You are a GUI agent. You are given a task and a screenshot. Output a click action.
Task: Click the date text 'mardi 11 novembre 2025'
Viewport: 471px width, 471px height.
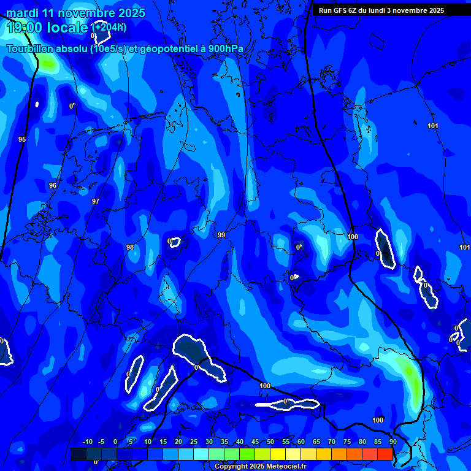coord(75,13)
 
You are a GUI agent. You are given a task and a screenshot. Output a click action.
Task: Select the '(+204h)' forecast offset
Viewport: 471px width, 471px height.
coord(109,27)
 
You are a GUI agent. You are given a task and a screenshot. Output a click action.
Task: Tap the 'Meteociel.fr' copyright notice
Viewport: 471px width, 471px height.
coord(260,467)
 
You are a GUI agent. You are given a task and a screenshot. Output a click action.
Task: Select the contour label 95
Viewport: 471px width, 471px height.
coord(22,139)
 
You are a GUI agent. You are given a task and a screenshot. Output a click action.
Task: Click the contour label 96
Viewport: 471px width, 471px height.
coord(53,185)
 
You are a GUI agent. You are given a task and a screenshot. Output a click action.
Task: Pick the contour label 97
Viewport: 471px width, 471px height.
coord(95,201)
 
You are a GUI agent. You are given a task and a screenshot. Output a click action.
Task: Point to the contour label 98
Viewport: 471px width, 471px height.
coord(130,247)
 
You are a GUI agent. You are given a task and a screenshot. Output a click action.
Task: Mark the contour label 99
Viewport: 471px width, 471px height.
coord(221,235)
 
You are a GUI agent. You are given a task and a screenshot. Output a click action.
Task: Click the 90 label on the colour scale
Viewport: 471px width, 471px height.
coord(392,442)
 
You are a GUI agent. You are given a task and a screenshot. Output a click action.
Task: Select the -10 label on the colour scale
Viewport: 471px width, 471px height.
coord(87,442)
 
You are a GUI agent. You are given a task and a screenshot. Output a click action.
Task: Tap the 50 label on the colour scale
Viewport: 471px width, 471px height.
coord(270,442)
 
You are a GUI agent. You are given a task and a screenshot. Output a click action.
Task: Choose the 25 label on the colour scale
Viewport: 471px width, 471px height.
coord(193,442)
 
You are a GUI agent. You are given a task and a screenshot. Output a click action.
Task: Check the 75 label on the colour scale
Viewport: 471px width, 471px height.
coord(347,442)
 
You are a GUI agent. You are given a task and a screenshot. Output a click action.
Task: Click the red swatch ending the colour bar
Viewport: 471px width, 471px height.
coord(385,454)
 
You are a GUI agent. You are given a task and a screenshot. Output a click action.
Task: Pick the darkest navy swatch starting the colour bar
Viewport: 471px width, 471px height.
coord(78,454)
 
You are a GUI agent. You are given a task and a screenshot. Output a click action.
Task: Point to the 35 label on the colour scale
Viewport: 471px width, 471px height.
coord(224,442)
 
